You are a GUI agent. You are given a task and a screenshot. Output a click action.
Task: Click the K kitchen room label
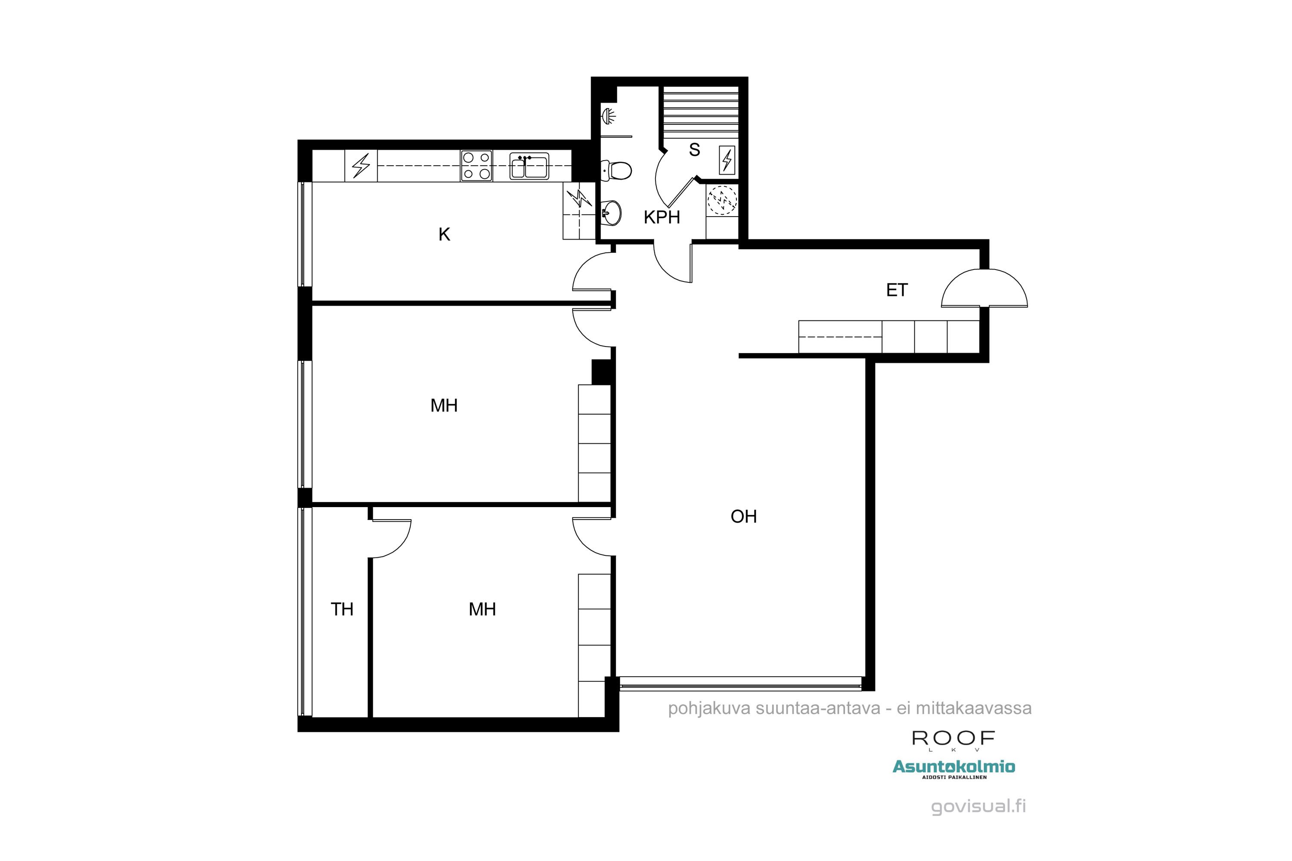coord(444,235)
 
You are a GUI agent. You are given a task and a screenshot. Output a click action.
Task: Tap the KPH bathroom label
coord(662,217)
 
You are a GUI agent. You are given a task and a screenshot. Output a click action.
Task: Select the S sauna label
coord(694,150)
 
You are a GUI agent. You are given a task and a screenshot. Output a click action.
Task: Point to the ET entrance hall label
coord(897,290)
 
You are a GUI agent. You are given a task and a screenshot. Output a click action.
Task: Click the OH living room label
coord(743,516)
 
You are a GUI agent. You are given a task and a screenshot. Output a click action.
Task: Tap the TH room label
coord(342,609)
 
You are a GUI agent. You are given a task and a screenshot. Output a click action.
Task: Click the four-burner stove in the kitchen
coord(476,166)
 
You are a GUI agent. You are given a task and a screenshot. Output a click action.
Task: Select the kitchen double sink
coord(528,166)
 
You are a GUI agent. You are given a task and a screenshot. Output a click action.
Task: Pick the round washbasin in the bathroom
coord(612,212)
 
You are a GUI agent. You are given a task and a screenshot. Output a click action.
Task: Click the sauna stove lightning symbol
coord(727,160)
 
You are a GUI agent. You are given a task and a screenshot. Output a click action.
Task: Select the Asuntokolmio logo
coord(953,767)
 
